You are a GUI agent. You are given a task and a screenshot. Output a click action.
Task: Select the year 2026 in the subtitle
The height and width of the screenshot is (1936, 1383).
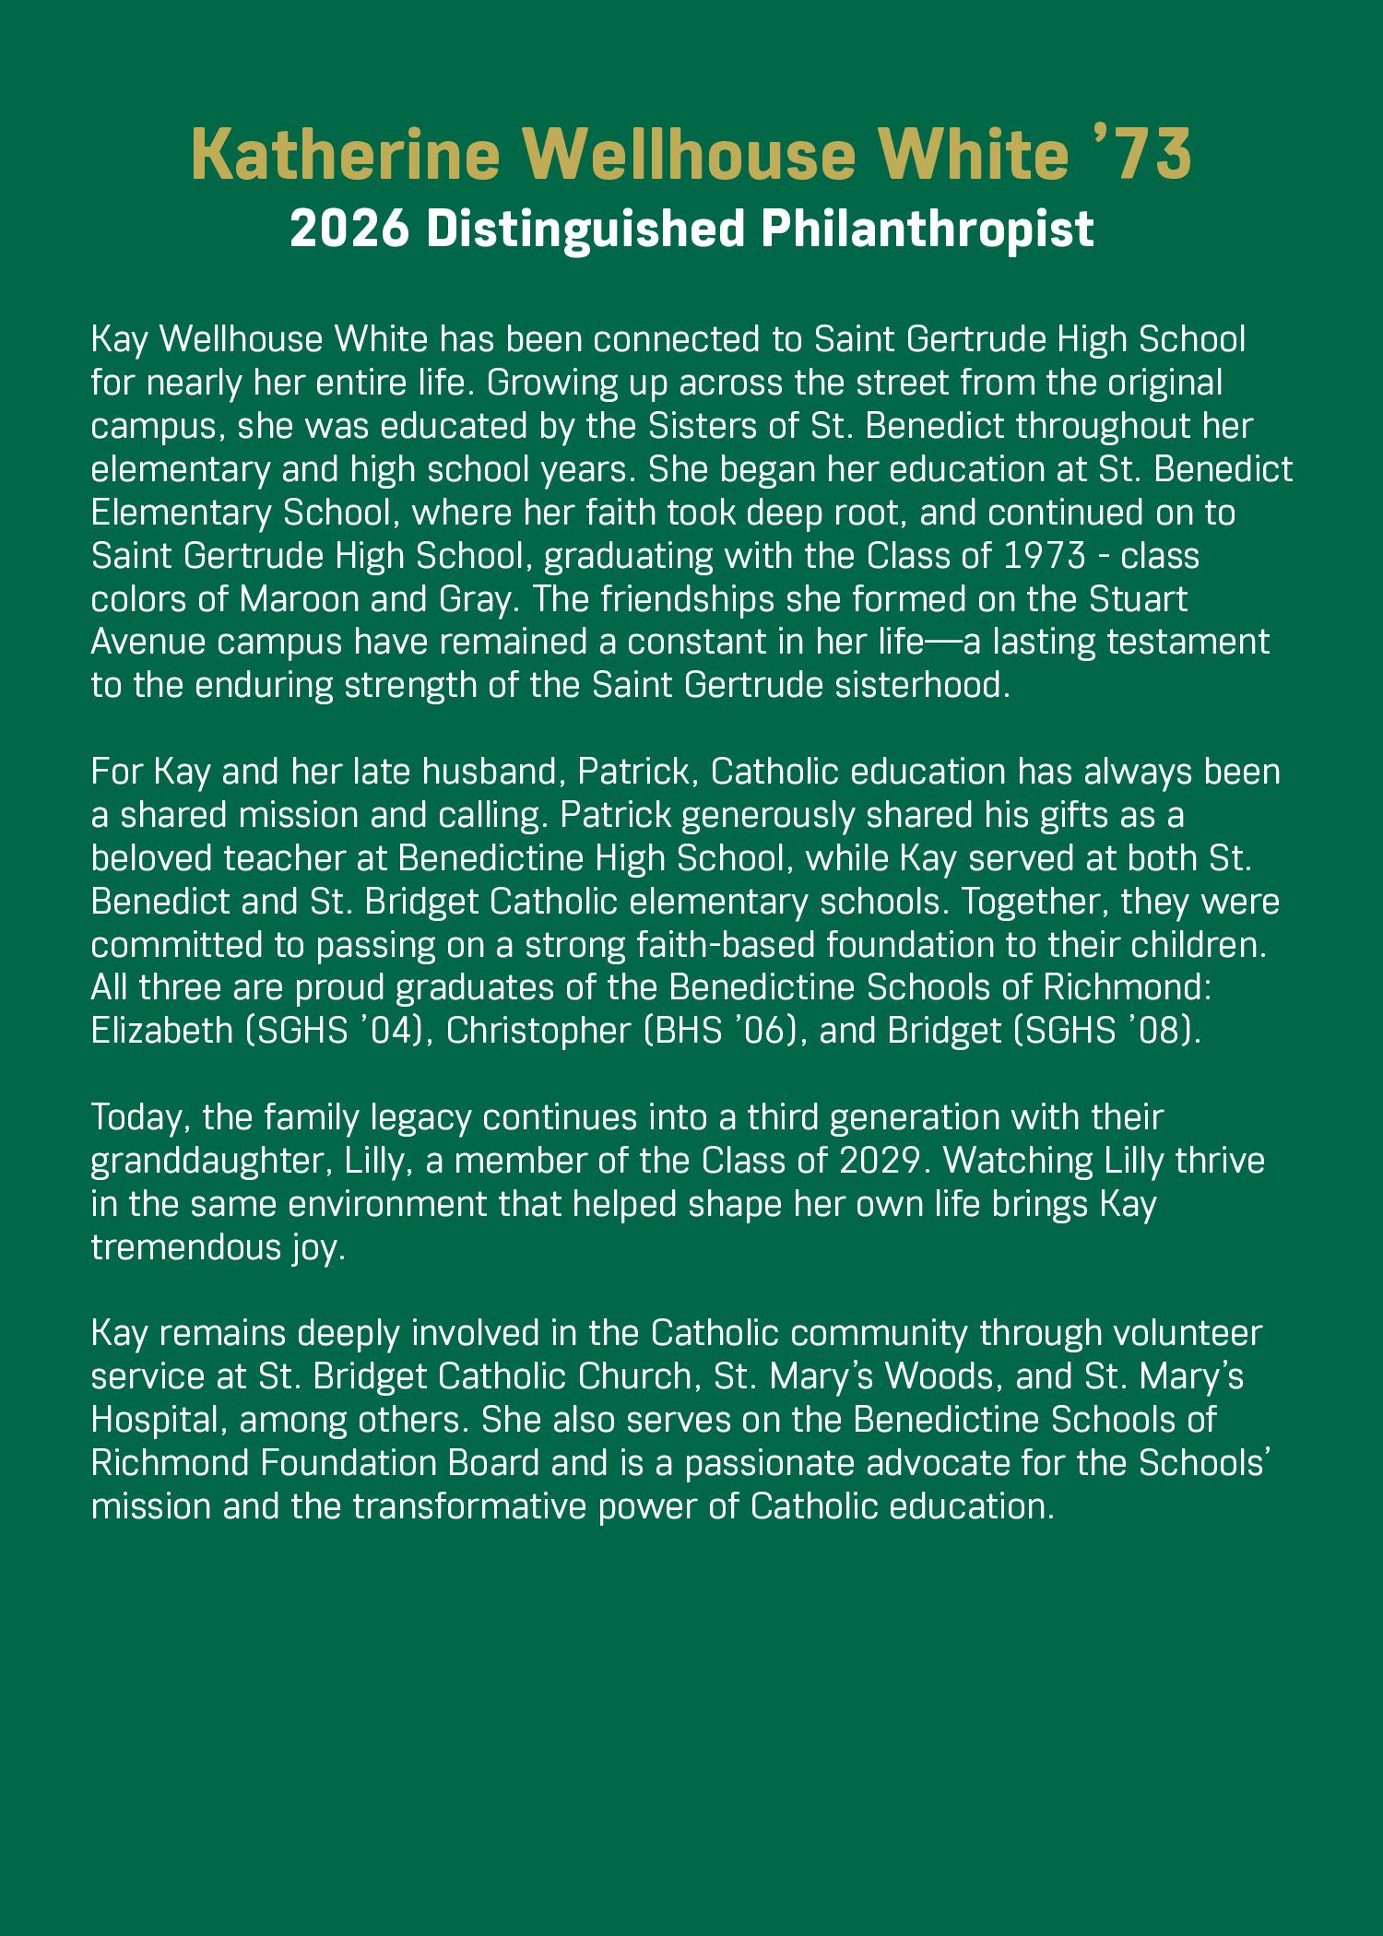click(349, 229)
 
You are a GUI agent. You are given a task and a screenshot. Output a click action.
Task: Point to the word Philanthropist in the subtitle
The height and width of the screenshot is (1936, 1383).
click(928, 229)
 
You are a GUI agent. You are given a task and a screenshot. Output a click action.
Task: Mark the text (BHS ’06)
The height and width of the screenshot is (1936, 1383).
click(724, 1030)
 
